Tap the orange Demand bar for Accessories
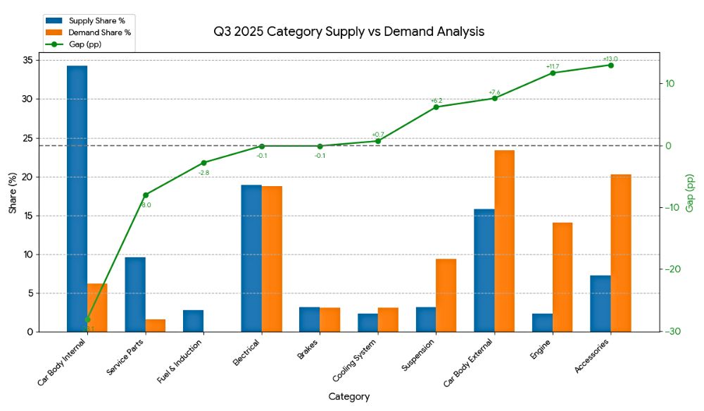point(620,253)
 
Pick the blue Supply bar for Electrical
point(251,258)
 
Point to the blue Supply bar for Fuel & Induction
point(193,321)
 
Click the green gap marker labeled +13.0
point(610,65)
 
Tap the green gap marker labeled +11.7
point(553,73)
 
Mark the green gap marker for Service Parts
point(146,195)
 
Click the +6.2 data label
point(436,101)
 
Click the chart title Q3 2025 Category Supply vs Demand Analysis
point(349,32)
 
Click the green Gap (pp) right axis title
point(689,192)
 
